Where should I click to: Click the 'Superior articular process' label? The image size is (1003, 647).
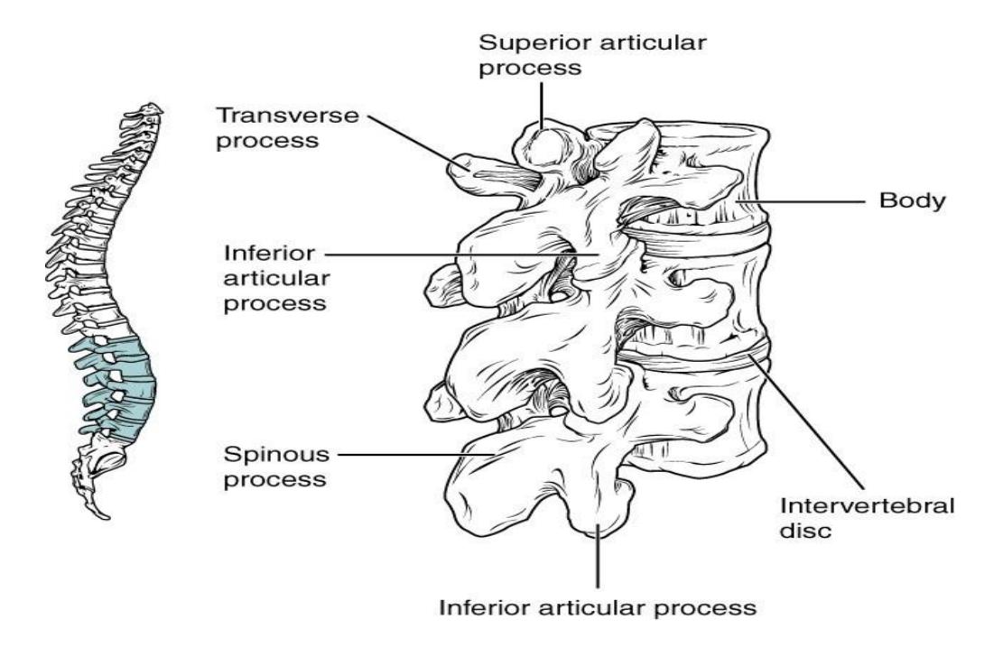click(592, 55)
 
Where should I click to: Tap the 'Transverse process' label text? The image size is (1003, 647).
click(287, 128)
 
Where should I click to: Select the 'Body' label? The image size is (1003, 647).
click(912, 200)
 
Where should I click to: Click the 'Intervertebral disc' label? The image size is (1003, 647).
click(867, 518)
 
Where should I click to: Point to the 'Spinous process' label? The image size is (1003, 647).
click(276, 467)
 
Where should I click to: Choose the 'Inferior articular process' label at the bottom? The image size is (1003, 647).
click(598, 607)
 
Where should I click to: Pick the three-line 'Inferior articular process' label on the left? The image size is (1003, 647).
click(276, 278)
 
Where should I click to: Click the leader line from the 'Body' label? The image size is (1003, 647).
click(800, 201)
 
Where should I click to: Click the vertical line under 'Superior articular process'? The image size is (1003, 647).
click(542, 106)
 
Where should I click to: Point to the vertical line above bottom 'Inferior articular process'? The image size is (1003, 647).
click(598, 556)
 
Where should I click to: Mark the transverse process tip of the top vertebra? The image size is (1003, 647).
click(455, 169)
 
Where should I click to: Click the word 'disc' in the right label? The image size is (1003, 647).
click(805, 530)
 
